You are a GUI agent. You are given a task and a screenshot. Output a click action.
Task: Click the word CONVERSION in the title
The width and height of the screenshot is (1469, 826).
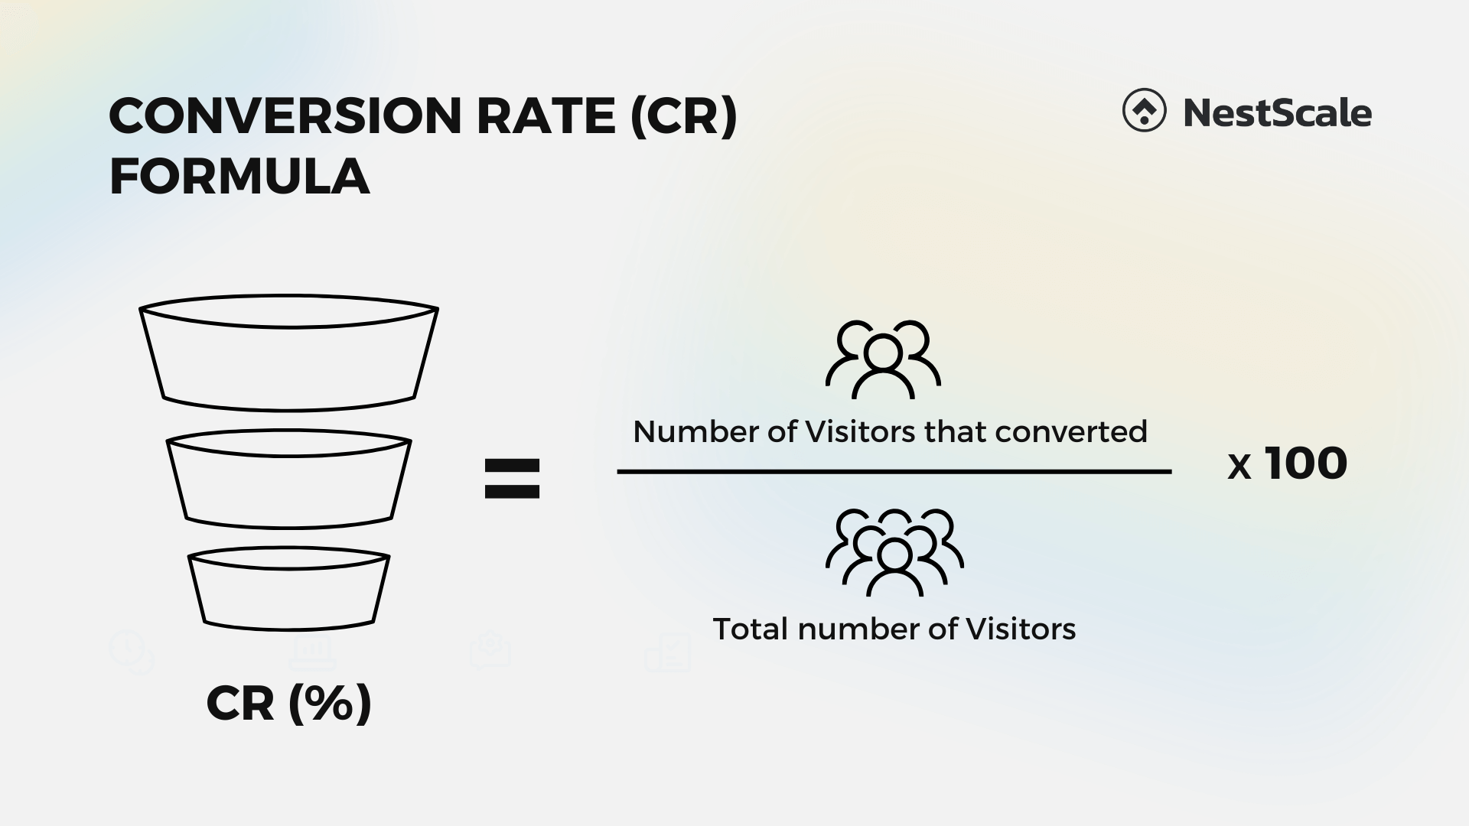coord(285,116)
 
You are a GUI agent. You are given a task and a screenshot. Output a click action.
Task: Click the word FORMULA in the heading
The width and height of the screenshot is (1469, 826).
coord(239,177)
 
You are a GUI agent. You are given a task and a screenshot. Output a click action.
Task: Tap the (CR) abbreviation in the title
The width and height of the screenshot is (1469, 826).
coord(683,116)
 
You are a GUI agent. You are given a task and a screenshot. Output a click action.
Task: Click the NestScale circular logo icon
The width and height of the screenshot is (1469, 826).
coord(1144,112)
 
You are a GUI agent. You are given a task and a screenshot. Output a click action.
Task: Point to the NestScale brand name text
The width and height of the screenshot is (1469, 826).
coord(1277,113)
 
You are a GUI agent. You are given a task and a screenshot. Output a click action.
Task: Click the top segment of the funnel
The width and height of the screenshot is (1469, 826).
coord(288,359)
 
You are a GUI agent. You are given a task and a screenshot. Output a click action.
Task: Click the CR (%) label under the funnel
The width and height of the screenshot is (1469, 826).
coord(288,703)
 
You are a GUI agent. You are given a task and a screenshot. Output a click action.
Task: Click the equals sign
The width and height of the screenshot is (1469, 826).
coord(512,479)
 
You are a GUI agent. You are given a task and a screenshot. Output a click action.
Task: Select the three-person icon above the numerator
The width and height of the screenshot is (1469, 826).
coord(882,359)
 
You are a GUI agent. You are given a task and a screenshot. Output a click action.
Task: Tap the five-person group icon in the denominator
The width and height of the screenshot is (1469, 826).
coord(894,553)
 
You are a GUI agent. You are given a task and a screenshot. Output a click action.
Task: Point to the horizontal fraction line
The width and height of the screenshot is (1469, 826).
coord(894,472)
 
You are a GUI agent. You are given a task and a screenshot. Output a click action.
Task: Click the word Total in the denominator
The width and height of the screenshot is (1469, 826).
coord(750,629)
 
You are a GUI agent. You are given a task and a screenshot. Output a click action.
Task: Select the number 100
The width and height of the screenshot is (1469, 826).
coord(1305,463)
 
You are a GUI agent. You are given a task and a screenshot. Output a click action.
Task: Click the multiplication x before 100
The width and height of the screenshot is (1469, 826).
coord(1239,467)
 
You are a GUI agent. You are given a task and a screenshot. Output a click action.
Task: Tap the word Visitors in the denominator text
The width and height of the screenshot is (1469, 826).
coord(1021,629)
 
